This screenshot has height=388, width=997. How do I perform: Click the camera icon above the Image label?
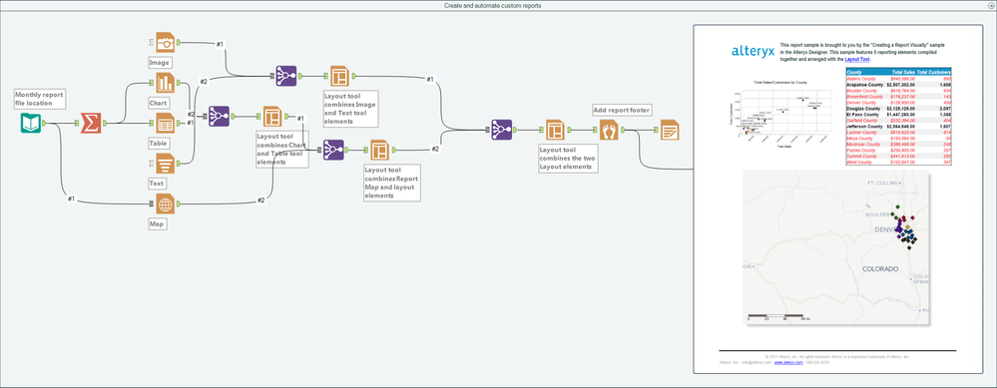[165, 41]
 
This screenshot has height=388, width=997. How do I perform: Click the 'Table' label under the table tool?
[159, 144]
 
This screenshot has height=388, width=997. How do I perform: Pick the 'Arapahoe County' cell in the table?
[865, 86]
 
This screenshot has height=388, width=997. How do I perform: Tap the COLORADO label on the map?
[880, 269]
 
